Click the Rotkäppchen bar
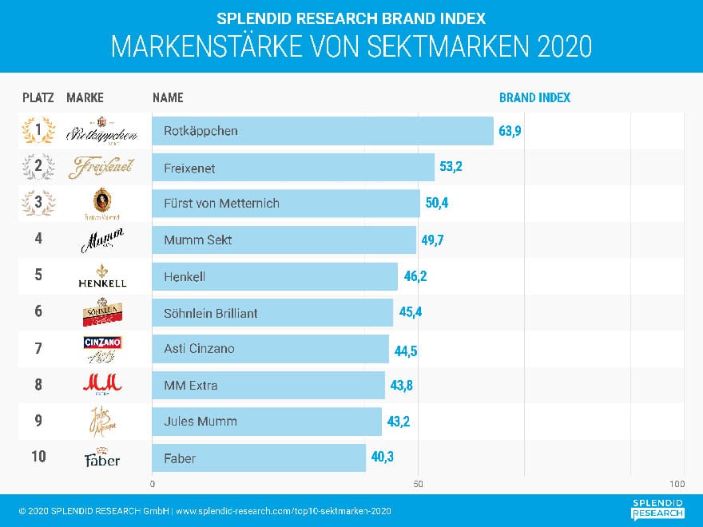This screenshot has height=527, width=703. (x=323, y=131)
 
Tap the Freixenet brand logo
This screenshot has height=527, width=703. (x=101, y=168)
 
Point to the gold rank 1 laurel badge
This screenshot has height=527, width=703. (x=38, y=131)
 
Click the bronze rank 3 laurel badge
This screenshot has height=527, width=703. (x=38, y=204)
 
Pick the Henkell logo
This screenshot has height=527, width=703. (x=101, y=275)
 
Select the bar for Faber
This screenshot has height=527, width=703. (x=259, y=458)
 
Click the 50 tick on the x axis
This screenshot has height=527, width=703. (x=418, y=485)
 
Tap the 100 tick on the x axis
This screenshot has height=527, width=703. (x=677, y=485)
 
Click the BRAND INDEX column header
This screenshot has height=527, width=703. (x=534, y=98)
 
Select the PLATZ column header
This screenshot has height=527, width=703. (x=38, y=98)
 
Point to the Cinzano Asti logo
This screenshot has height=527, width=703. (x=101, y=348)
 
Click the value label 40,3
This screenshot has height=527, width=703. (x=382, y=458)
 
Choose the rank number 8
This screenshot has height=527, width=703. (x=38, y=385)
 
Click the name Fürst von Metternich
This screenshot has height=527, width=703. (x=221, y=204)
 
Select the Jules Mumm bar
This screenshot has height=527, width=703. (x=267, y=422)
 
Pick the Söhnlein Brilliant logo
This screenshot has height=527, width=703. (x=101, y=312)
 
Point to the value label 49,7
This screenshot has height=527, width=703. (x=433, y=240)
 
